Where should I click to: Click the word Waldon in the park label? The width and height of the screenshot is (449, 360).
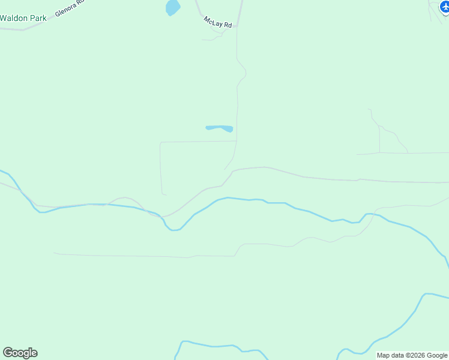coord(14,18)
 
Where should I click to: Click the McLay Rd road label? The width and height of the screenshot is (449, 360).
coord(218,22)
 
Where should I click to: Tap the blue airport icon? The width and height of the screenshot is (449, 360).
coord(444,6)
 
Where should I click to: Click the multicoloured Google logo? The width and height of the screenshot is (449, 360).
coord(20,353)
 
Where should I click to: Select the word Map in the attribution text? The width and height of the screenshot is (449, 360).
coord(384,355)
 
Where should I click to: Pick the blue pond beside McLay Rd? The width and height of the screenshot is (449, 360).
coord(172,7)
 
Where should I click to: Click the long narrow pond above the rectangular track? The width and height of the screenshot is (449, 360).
coord(219,128)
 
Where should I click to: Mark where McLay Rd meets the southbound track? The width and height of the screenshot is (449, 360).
coord(237,26)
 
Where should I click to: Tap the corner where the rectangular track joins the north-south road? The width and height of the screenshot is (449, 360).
coord(237,142)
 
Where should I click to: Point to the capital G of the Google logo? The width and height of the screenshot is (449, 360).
coord(8,353)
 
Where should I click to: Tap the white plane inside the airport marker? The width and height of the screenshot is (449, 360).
coord(444,6)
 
